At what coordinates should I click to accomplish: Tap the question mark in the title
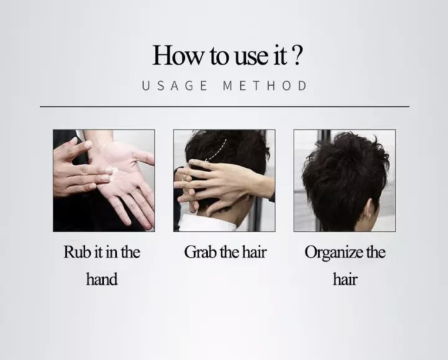pos(297,55)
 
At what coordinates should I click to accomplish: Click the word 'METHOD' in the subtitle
pos(265,86)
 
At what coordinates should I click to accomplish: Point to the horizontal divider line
pos(224,106)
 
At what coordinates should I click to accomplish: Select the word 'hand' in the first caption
pos(101,279)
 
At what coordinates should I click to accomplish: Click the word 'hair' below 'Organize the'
pos(345,279)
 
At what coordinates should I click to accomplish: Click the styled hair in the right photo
pos(342,168)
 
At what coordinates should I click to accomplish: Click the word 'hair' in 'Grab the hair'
pos(253,252)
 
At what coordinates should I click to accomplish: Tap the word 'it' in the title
pos(279,55)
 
